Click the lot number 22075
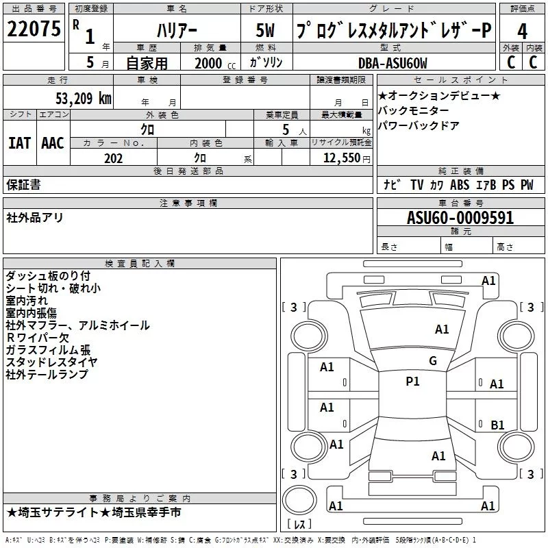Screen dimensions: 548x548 [x=34, y=29]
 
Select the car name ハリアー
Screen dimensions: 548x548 [x=177, y=31]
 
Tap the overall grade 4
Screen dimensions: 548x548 [x=522, y=31]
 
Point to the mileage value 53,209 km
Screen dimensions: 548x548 [x=84, y=99]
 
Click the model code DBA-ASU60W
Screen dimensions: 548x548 [x=393, y=63]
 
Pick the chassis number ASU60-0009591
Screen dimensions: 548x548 [x=460, y=218]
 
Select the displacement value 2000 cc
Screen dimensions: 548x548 [x=215, y=63]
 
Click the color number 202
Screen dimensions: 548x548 [x=114, y=158]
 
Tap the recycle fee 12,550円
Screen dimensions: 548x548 [x=347, y=158]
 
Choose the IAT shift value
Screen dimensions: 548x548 [x=19, y=143]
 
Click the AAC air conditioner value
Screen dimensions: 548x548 [x=53, y=143]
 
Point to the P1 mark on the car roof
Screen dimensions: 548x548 [x=412, y=382]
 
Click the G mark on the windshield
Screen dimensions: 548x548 [x=433, y=360]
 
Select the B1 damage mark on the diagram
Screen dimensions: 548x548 [x=497, y=425]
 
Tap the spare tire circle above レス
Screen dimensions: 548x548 [x=299, y=500]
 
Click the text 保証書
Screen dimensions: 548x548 [x=23, y=184]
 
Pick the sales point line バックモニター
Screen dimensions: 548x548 [x=414, y=110]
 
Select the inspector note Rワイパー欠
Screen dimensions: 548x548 [x=38, y=338]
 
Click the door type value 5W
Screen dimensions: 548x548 [x=265, y=30]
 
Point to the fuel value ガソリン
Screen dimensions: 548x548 [x=266, y=62]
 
